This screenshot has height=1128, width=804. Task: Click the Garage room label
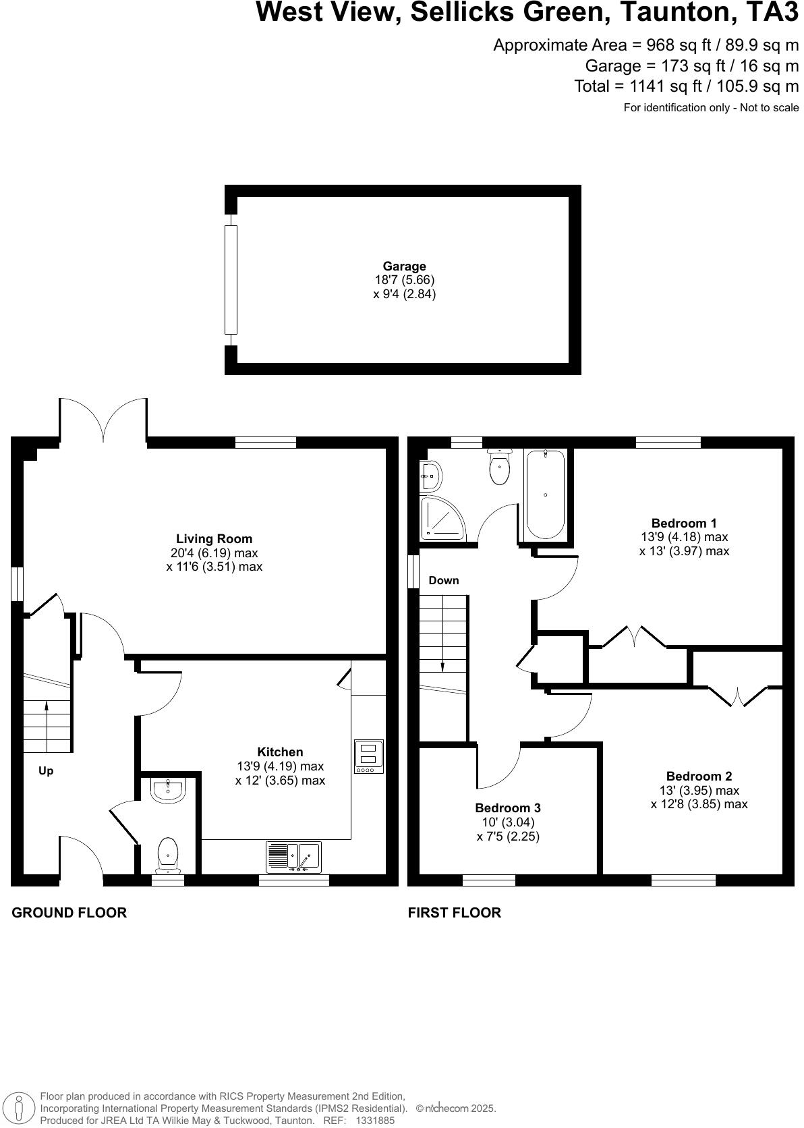click(404, 266)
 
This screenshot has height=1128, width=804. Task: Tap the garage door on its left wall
click(231, 280)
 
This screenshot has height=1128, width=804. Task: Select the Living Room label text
click(214, 539)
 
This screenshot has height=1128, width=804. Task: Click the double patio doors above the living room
click(103, 420)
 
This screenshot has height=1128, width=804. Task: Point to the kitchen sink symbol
click(293, 857)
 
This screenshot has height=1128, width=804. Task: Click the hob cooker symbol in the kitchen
click(369, 756)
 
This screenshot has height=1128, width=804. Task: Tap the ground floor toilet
click(167, 853)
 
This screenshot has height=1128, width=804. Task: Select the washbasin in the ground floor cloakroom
click(167, 790)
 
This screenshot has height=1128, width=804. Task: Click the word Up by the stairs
click(46, 770)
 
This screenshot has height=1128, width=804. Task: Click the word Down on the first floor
click(444, 580)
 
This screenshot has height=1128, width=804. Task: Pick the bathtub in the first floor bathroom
click(545, 495)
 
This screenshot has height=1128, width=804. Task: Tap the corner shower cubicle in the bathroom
click(442, 518)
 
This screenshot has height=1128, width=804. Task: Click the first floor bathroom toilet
click(500, 468)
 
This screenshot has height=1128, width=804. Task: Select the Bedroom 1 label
click(684, 523)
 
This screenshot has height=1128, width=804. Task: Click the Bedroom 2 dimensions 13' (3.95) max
click(699, 790)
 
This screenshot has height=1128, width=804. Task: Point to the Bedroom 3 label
click(508, 808)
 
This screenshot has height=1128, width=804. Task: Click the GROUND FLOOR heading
click(69, 913)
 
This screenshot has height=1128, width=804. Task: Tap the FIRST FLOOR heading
click(455, 913)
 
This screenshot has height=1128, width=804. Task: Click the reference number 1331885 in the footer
click(375, 1120)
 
